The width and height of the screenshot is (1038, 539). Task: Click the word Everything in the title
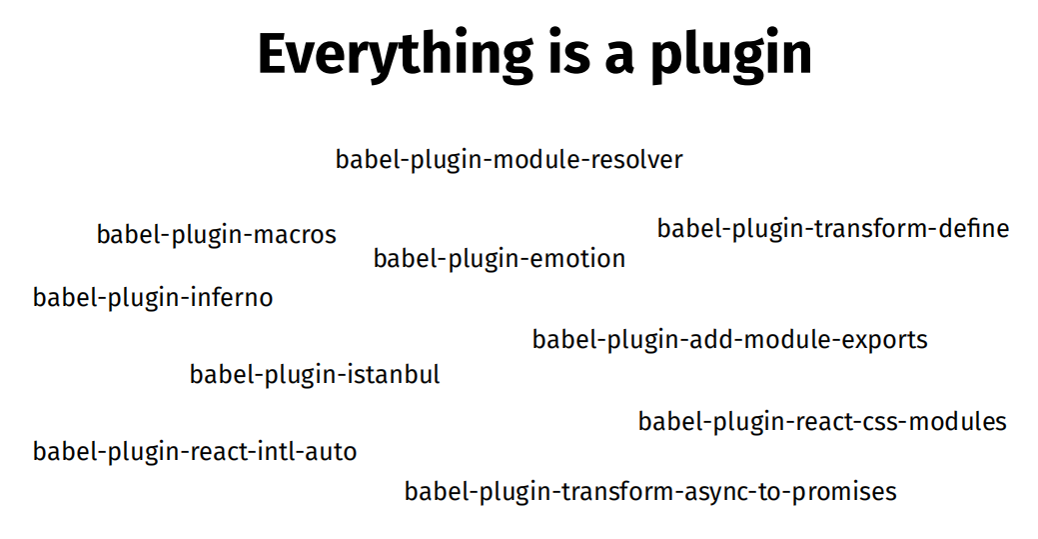click(x=396, y=54)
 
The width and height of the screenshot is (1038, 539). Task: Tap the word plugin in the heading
click(x=731, y=54)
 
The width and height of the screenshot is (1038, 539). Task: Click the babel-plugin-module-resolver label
click(x=510, y=160)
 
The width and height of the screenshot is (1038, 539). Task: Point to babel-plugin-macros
click(x=217, y=235)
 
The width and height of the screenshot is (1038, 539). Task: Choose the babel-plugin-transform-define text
click(x=833, y=229)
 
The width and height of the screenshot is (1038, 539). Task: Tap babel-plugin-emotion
click(x=500, y=259)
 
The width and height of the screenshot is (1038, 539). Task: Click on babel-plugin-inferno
click(x=153, y=298)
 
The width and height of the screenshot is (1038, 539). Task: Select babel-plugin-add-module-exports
click(x=729, y=340)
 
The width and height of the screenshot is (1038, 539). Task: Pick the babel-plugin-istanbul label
click(x=315, y=375)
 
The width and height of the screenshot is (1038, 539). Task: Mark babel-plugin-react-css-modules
click(x=822, y=422)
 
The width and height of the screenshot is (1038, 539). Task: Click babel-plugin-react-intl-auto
click(x=195, y=452)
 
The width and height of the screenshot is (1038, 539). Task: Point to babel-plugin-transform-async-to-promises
click(x=650, y=492)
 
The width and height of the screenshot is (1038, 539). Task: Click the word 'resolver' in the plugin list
click(x=636, y=160)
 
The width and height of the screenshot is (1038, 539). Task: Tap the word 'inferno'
click(x=232, y=298)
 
